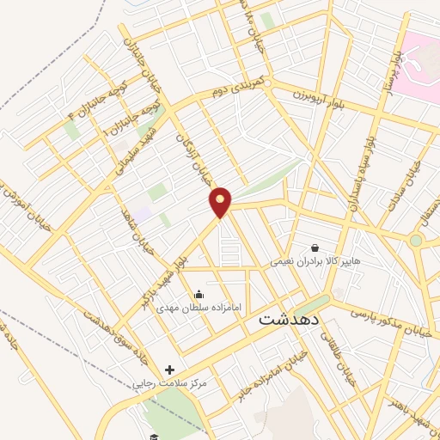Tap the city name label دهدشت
[290, 319]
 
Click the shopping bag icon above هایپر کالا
[315, 247]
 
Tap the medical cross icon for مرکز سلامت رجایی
[169, 370]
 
